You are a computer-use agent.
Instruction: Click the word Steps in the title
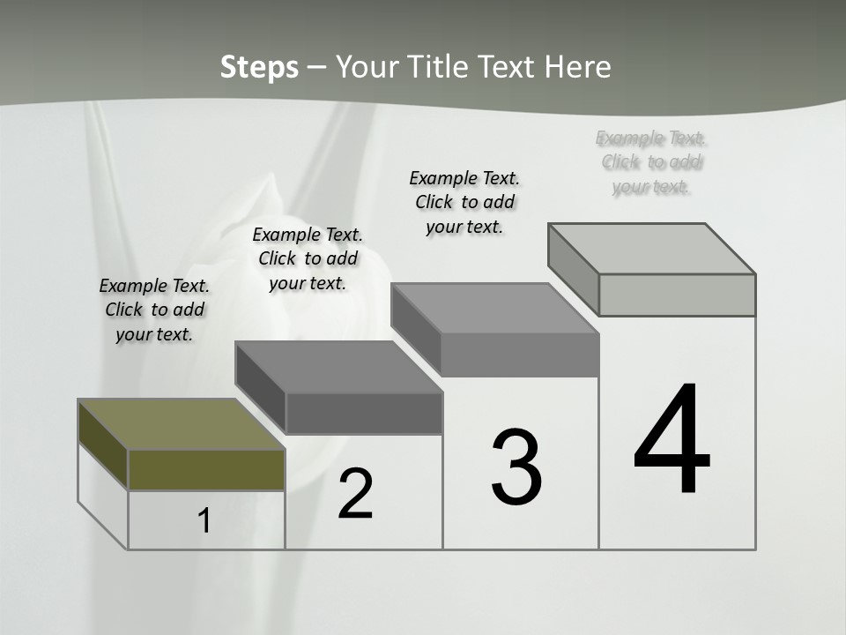pyautogui.click(x=259, y=67)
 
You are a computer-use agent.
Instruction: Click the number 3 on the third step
pyautogui.click(x=516, y=467)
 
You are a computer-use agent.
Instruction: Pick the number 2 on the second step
pyautogui.click(x=356, y=494)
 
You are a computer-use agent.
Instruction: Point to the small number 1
pyautogui.click(x=204, y=520)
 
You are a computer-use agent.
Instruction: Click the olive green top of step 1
pyautogui.click(x=181, y=424)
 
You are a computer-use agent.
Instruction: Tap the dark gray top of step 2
pyautogui.click(x=338, y=367)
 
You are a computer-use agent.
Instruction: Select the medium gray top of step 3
pyautogui.click(x=495, y=309)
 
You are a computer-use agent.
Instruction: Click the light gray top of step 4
pyautogui.click(x=652, y=249)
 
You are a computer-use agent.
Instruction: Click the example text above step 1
pyautogui.click(x=154, y=310)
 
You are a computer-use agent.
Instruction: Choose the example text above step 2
pyautogui.click(x=308, y=258)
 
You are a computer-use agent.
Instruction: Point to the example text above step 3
pyautogui.click(x=464, y=202)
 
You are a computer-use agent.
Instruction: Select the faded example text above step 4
pyautogui.click(x=652, y=162)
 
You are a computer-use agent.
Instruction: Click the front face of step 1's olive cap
pyautogui.click(x=206, y=469)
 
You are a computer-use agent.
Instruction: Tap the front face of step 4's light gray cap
pyautogui.click(x=677, y=295)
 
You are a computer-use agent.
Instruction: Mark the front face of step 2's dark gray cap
pyautogui.click(x=364, y=413)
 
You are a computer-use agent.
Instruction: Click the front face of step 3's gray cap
pyautogui.click(x=520, y=355)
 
